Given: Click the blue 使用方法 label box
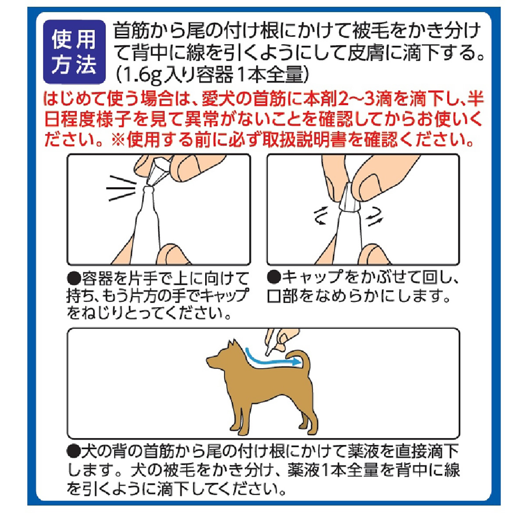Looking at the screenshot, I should click(x=74, y=52).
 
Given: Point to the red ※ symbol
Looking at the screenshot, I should click(x=117, y=140).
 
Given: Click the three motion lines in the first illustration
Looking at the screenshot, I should click(x=121, y=188).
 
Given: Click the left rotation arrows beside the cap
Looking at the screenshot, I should click(x=319, y=216).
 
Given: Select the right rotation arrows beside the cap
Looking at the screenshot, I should click(x=375, y=216).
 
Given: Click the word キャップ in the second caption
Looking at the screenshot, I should click(x=312, y=277).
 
